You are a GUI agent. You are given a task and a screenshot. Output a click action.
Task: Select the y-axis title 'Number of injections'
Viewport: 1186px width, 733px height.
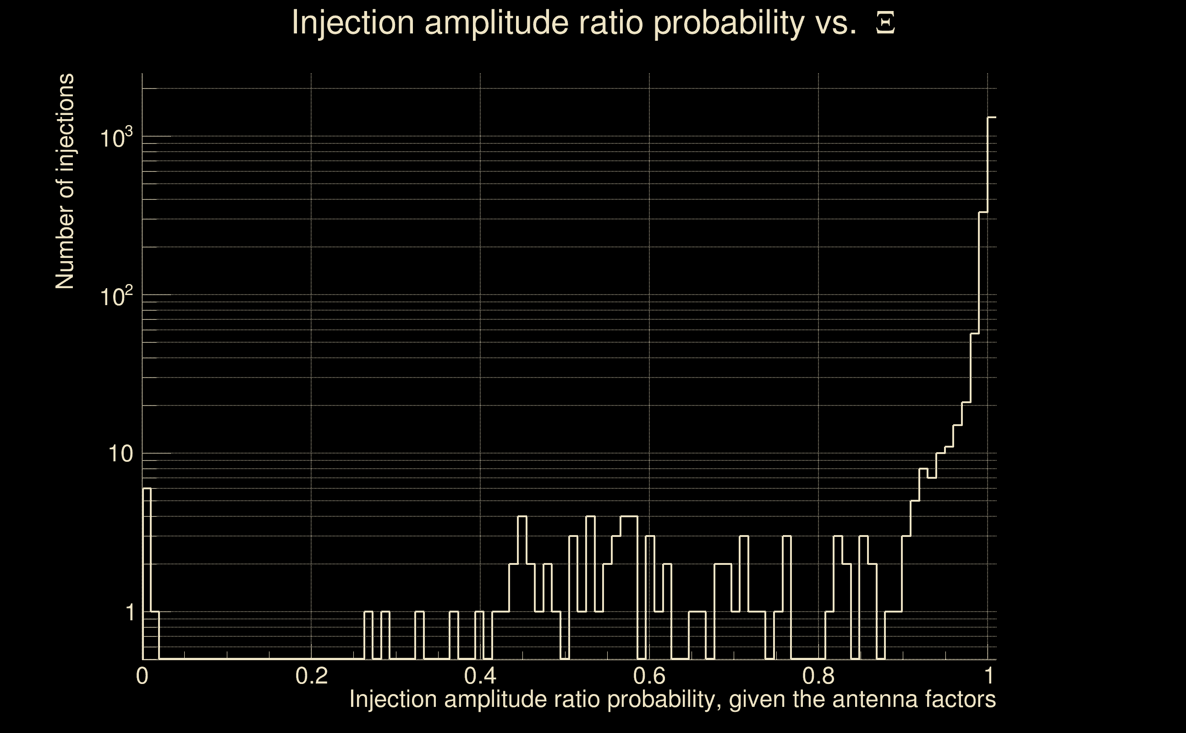(x=65, y=181)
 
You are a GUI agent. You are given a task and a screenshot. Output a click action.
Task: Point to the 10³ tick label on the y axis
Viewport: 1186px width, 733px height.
(x=116, y=138)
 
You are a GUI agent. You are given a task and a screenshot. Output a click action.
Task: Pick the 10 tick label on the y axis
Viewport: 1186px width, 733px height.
(x=120, y=454)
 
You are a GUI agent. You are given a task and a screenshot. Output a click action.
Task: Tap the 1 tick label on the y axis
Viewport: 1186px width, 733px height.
(x=130, y=613)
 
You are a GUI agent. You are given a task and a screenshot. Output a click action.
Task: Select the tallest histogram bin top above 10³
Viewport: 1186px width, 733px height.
(x=992, y=117)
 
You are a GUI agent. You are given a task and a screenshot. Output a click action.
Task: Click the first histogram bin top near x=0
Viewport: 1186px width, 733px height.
(x=147, y=488)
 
